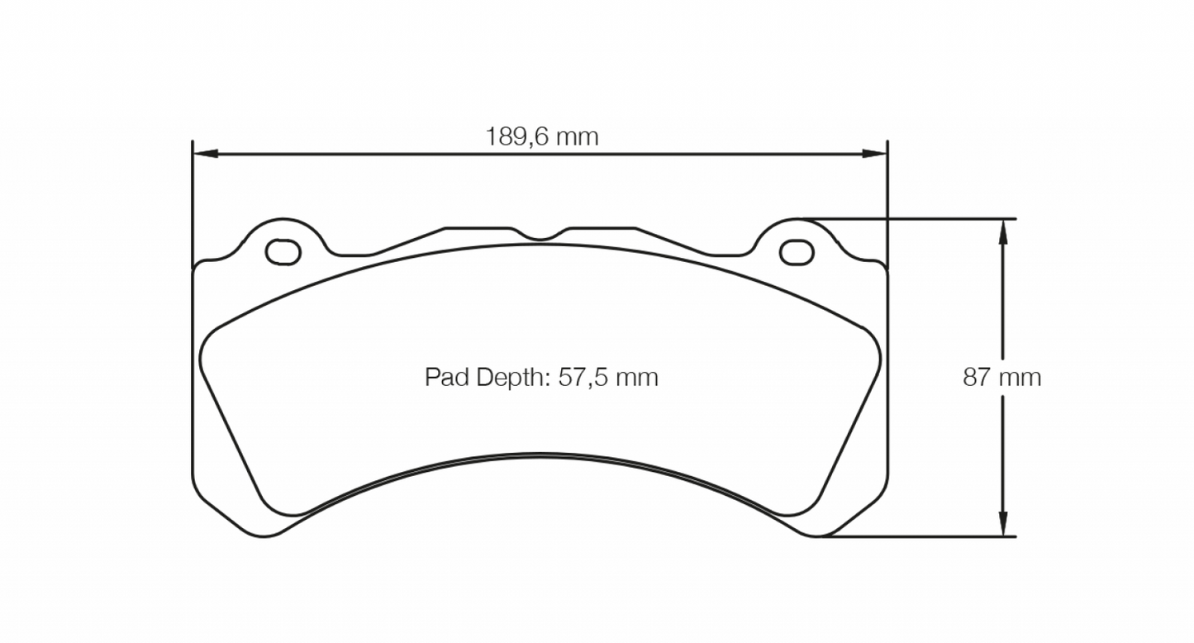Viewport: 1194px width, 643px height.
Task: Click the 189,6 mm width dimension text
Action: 541,136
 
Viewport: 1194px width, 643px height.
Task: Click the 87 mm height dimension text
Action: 1001,378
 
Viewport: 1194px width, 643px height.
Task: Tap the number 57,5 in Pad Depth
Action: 583,378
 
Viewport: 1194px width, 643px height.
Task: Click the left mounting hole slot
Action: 283,251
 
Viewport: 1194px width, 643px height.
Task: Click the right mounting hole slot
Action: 797,252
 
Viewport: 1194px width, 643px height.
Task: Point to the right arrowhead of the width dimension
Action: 875,154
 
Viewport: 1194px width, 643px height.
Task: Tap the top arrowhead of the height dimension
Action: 1003,231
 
